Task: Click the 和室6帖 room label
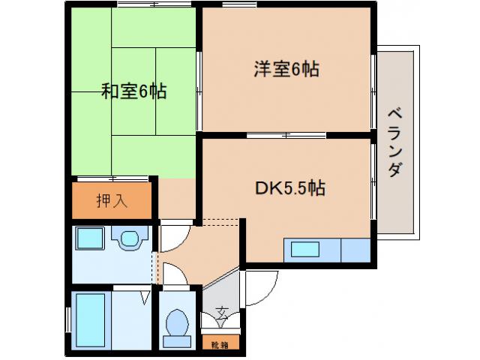134,92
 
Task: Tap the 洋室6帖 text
286,70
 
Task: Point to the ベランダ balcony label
395,142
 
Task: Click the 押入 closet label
112,200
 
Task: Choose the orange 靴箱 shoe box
219,344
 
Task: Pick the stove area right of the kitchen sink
356,250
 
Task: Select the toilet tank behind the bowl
177,341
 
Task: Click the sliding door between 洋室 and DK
285,136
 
